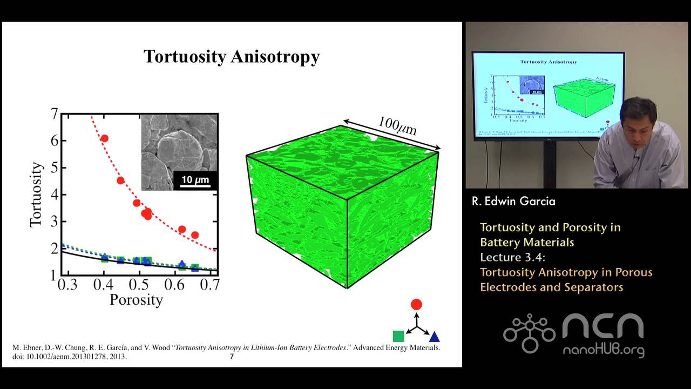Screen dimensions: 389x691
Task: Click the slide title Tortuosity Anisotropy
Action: coord(231,57)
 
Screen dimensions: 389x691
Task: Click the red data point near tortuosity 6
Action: coord(104,138)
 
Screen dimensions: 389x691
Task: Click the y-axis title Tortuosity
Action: coord(37,194)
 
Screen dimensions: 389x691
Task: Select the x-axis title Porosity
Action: coord(136,299)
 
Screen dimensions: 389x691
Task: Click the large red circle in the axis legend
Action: coord(416,304)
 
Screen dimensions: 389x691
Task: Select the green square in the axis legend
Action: coord(398,336)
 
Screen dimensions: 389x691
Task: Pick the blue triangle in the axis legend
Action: coord(434,337)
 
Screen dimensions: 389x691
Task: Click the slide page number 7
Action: coord(232,357)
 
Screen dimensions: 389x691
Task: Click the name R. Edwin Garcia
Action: coord(513,202)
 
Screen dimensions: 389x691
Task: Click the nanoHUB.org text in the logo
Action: coord(604,350)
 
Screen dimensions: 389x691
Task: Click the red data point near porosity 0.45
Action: coord(120,180)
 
